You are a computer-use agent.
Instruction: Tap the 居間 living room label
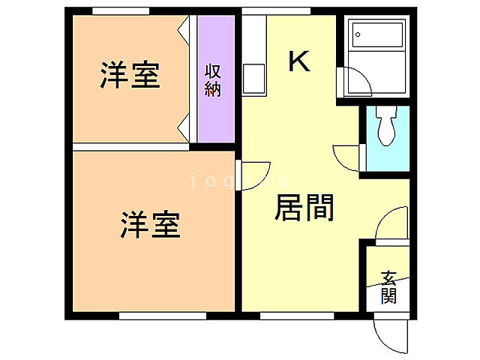click(x=304, y=208)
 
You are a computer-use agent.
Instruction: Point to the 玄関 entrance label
click(x=388, y=287)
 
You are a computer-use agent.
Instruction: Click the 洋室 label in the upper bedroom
click(x=130, y=76)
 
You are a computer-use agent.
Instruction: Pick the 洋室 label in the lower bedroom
click(x=150, y=225)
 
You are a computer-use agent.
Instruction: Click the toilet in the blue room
click(x=387, y=126)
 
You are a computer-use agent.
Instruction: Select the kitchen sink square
click(x=253, y=79)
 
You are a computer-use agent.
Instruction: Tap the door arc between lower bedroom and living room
click(x=253, y=177)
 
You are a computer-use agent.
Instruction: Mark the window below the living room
click(x=286, y=316)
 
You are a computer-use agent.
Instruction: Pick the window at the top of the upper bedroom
click(x=120, y=11)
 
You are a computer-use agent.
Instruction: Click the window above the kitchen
click(x=276, y=11)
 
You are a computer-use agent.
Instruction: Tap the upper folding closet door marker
click(x=182, y=31)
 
